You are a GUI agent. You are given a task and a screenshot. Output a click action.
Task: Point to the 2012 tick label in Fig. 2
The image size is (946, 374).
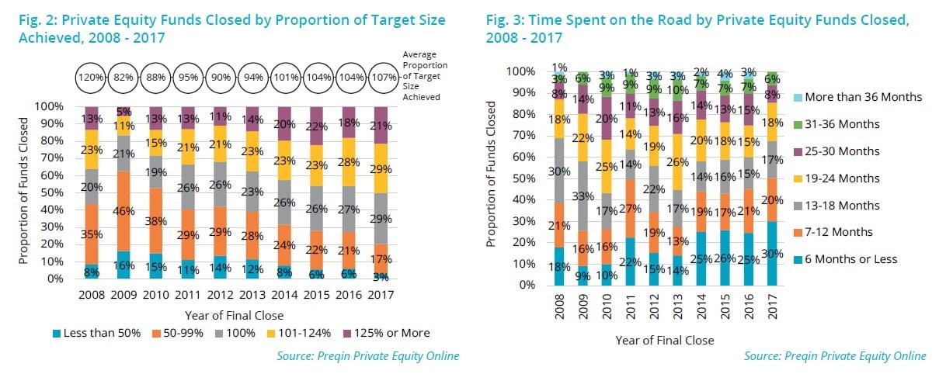(219, 295)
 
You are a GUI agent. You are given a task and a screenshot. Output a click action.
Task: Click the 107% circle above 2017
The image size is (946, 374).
(381, 78)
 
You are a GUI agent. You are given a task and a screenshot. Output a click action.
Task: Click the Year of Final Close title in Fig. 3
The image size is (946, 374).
(664, 340)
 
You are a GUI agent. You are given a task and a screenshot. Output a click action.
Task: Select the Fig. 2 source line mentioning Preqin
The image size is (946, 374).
(367, 356)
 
